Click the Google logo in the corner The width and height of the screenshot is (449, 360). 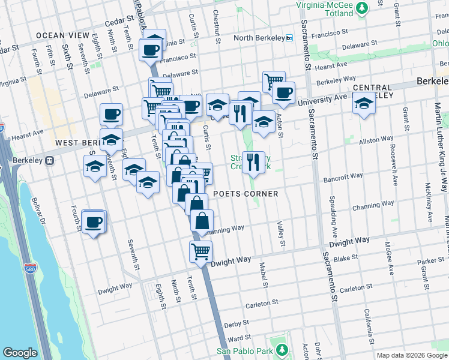pyautogui.click(x=20, y=353)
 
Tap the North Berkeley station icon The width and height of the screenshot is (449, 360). pyautogui.click(x=289, y=38)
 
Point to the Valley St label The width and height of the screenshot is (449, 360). pyautogui.click(x=280, y=234)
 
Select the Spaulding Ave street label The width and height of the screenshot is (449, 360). pyautogui.click(x=332, y=215)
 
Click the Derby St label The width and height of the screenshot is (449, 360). pyautogui.click(x=232, y=325)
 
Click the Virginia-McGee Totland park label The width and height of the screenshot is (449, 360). pyautogui.click(x=325, y=8)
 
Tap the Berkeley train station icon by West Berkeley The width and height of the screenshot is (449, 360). pyautogui.click(x=50, y=160)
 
